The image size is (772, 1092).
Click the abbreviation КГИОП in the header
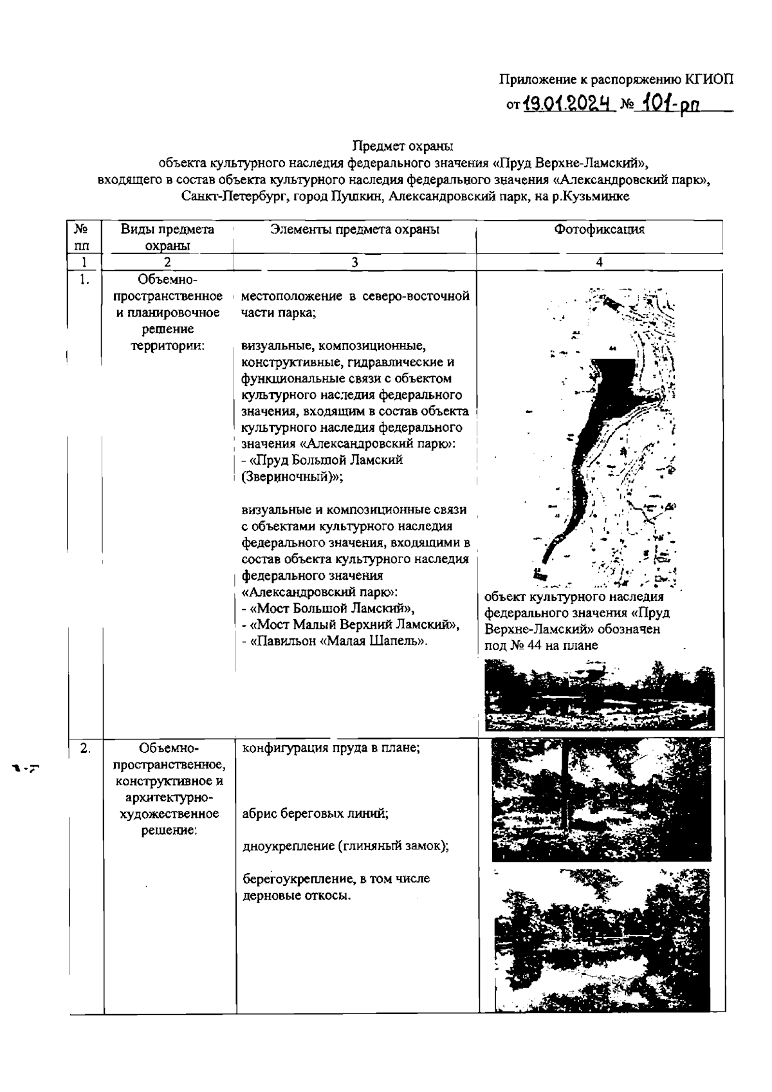coord(709,80)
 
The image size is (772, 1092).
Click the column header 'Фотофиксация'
coord(599,230)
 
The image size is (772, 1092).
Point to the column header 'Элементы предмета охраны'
coord(354,230)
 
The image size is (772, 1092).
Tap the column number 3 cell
coord(354,263)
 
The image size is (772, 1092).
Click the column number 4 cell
coord(599,263)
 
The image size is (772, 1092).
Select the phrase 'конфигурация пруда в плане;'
coord(331,748)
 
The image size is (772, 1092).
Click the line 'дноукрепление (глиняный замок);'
coord(345,846)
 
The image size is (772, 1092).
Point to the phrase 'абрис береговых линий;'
coord(315,813)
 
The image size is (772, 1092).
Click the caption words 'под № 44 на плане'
coord(541,645)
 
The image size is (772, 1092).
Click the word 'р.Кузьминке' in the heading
coord(595,196)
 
